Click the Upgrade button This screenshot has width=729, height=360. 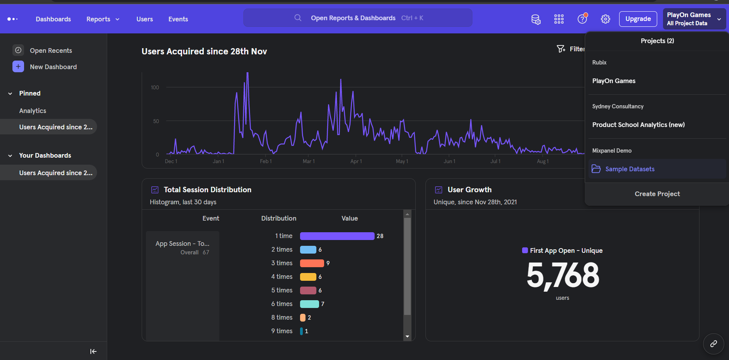tap(638, 19)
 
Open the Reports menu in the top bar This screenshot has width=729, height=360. tap(102, 19)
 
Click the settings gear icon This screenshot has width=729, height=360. tap(605, 19)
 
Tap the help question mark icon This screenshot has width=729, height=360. tap(582, 19)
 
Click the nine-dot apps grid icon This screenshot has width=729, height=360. tap(559, 19)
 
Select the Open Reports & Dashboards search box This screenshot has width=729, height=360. tap(358, 18)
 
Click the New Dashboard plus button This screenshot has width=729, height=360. tap(18, 66)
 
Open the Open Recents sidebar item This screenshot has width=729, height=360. tap(50, 50)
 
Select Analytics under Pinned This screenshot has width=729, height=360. tap(33, 111)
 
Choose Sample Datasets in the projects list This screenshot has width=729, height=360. tap(629, 169)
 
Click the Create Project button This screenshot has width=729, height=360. tap(657, 194)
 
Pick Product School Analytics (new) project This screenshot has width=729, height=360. tap(638, 125)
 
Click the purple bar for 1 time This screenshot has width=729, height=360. tap(337, 236)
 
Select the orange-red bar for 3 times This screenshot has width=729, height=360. tap(312, 263)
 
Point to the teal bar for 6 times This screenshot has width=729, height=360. tap(309, 304)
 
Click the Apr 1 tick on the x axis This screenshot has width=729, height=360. tap(356, 161)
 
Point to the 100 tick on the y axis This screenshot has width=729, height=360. tap(155, 87)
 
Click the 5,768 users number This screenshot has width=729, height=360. tap(562, 275)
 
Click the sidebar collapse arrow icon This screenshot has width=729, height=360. tap(93, 351)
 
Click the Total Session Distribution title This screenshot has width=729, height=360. tap(207, 190)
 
